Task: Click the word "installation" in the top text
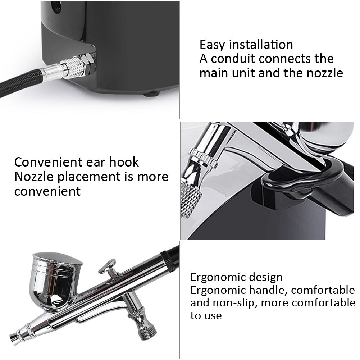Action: [x=261, y=44]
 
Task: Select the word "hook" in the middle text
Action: [x=124, y=162]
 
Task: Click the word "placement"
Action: [x=89, y=177]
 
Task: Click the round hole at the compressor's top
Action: [x=56, y=5]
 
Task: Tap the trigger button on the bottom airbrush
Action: [x=108, y=267]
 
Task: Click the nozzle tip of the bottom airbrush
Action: [x=14, y=337]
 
